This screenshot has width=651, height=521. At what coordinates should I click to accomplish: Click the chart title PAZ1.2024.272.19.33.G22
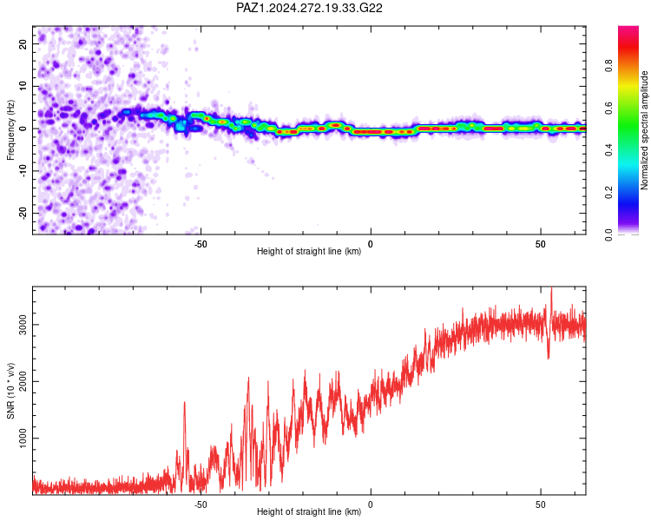309,8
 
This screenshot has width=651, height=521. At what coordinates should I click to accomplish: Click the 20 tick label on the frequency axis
23,43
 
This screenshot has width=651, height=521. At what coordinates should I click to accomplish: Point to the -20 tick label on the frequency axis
23,213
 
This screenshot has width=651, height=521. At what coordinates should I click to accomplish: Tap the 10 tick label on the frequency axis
23,86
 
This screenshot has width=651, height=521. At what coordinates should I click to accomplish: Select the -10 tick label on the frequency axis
23,171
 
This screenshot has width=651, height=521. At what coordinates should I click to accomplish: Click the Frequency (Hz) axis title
10,130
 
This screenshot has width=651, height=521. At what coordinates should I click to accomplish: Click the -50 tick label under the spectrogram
201,244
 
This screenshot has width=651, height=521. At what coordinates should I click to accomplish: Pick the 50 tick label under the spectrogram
540,244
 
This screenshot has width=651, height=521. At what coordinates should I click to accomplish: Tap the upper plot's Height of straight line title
309,251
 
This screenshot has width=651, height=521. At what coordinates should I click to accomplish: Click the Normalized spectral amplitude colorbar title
644,130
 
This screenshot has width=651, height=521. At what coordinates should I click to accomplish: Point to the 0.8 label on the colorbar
608,66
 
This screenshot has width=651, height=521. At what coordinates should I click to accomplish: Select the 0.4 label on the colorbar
608,150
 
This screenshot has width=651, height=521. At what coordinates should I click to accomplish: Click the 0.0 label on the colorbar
608,234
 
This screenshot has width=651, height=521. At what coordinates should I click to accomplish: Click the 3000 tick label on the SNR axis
23,325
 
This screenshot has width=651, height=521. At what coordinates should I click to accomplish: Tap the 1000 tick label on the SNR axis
23,438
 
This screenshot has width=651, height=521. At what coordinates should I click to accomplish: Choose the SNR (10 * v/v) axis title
10,391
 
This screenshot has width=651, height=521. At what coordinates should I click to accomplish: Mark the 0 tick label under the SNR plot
371,505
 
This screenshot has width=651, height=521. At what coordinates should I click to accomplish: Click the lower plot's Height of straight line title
309,511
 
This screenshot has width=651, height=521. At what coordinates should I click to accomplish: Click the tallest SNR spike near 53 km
551,288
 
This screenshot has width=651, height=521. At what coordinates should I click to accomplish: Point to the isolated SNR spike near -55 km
184,402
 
